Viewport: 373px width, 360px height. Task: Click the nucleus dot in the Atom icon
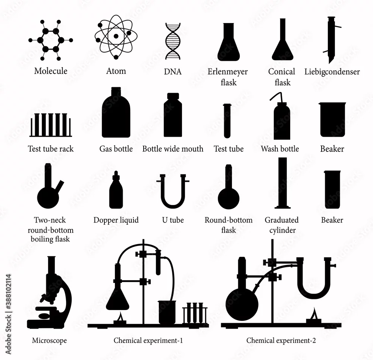coord(116,36)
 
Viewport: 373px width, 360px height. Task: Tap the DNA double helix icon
coord(173,41)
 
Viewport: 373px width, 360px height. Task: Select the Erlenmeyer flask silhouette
coord(228,42)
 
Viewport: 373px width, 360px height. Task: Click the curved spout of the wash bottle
coord(276,96)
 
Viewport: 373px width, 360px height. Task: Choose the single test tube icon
coord(227,121)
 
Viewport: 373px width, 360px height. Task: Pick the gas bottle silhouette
coord(116,113)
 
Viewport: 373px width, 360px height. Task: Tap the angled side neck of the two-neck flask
coord(59,187)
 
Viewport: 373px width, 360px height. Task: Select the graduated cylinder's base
coord(283,207)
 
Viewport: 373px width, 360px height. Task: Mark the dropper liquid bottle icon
coord(116,190)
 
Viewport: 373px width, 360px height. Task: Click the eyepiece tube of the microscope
coord(51,265)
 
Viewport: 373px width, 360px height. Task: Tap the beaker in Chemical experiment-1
coord(167,312)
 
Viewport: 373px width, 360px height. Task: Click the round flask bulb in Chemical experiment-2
coord(242,304)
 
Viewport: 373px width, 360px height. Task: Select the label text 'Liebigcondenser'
coord(332,72)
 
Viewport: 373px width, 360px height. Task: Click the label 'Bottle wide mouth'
coord(173,149)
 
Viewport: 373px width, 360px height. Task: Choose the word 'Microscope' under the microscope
coord(50,341)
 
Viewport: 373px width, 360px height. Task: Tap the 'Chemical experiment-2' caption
coord(281,341)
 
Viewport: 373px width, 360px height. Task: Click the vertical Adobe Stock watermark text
coord(8,314)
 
